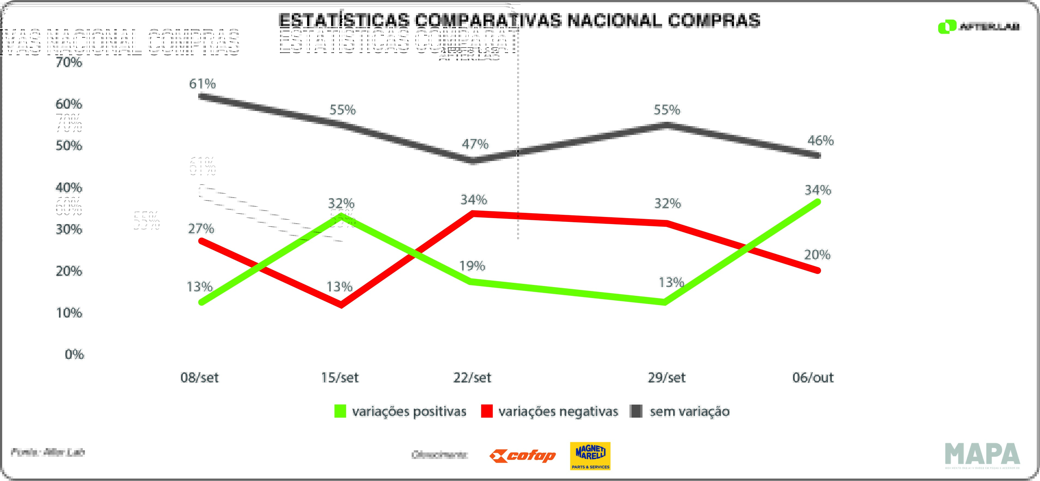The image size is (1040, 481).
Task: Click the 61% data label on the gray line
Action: coord(202,84)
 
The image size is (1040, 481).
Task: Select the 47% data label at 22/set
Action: coord(475,144)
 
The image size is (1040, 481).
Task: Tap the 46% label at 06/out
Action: coord(820,141)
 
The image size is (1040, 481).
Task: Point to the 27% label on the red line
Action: coord(201,229)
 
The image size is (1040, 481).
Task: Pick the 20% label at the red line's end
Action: coord(817,255)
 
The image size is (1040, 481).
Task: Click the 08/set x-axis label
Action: coord(200,378)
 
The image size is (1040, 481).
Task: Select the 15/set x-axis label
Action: coord(339,378)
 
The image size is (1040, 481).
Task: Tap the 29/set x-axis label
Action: coord(666,378)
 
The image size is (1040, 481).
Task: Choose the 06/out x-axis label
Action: coord(813,378)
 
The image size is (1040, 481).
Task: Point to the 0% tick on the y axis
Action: coord(74,354)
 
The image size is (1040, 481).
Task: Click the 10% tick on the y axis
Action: coord(69,313)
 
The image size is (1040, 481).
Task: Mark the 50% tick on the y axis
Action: coord(69,145)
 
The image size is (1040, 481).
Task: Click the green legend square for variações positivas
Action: coord(340,411)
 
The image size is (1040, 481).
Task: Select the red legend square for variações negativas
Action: coord(487,411)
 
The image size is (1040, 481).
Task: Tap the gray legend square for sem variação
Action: coord(636,411)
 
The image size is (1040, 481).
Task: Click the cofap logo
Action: coord(522,456)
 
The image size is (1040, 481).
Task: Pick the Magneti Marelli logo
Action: coord(590,456)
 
